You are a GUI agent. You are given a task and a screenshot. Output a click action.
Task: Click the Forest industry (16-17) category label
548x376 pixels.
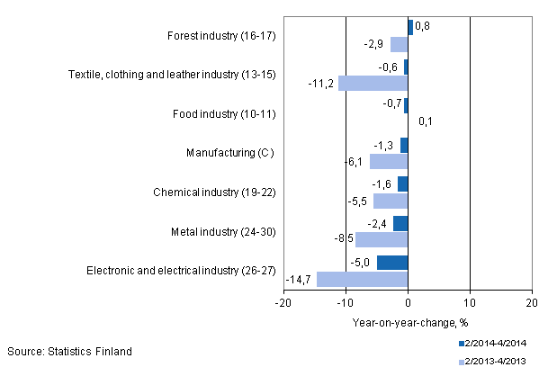[221, 36]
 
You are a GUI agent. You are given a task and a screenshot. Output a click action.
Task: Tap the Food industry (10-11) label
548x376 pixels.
[223, 114]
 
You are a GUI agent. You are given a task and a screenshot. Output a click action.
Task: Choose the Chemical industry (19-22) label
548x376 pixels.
[213, 192]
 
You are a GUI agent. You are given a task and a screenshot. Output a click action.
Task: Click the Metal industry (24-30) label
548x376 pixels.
[221, 231]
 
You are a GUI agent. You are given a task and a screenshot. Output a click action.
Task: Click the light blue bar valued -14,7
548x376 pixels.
[362, 279]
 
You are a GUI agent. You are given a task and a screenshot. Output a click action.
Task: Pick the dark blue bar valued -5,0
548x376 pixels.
[392, 263]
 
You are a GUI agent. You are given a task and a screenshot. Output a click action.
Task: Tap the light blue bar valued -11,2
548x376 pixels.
[373, 83]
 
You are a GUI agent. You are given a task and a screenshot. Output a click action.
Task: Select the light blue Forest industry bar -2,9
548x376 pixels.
[399, 44]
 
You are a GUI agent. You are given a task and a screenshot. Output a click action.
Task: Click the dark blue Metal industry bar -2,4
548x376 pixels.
[400, 223]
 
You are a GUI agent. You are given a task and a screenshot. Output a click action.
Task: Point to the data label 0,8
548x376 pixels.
[422, 27]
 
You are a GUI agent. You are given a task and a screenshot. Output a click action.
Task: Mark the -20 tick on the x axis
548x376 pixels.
[283, 304]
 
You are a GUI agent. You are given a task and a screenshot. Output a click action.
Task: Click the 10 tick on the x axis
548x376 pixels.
[470, 304]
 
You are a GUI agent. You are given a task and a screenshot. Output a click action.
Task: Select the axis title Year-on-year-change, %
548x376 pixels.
[408, 322]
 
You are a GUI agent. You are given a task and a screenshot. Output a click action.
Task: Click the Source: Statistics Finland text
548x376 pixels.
[69, 351]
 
